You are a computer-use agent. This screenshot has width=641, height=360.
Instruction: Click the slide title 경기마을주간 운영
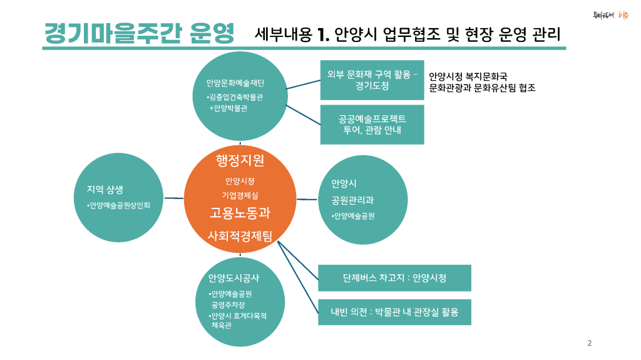139,33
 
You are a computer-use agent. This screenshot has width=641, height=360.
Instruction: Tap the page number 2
590,342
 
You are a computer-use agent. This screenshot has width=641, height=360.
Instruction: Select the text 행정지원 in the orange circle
240,160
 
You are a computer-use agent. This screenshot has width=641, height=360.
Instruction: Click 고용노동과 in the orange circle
240,213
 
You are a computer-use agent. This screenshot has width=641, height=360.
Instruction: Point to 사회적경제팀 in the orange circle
240,235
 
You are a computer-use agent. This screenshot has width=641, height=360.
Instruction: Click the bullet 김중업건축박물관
235,98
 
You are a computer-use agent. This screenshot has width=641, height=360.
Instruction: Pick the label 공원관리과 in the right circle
352,200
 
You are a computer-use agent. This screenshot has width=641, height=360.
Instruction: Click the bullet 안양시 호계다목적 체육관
238,321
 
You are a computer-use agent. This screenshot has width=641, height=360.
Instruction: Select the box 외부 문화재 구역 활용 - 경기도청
372,80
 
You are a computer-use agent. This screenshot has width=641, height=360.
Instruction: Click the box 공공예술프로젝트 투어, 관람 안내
372,125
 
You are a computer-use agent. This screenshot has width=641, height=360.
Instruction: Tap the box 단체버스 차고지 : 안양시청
394,278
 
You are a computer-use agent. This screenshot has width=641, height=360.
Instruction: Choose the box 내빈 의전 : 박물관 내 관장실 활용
394,312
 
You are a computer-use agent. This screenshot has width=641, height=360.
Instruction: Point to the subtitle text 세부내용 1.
292,34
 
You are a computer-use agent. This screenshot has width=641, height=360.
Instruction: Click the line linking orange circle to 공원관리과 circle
307,199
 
